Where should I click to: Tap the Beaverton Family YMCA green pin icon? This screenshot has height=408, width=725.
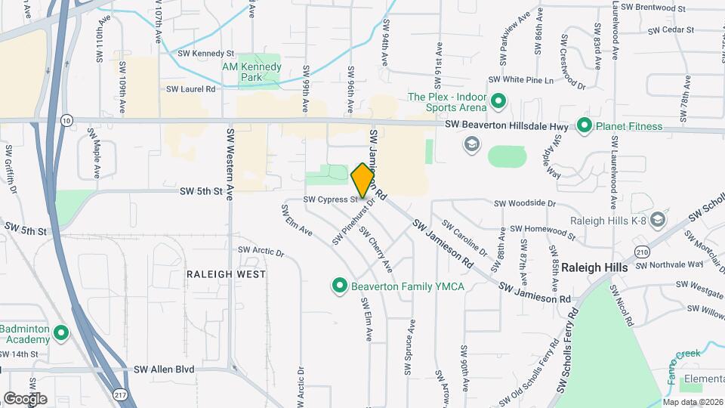point(340,286)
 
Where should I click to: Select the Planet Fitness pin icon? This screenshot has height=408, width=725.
point(584,125)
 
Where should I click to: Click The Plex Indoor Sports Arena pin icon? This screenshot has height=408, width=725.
point(498,100)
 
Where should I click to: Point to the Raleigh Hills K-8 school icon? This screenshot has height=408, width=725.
point(657,219)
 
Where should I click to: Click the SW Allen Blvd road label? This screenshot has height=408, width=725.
point(164,369)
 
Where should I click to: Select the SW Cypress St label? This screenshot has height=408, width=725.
point(330,199)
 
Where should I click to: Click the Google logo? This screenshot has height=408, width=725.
point(25,398)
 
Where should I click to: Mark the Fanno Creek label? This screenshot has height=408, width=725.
point(683,355)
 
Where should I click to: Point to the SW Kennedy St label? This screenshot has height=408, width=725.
point(206,54)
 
